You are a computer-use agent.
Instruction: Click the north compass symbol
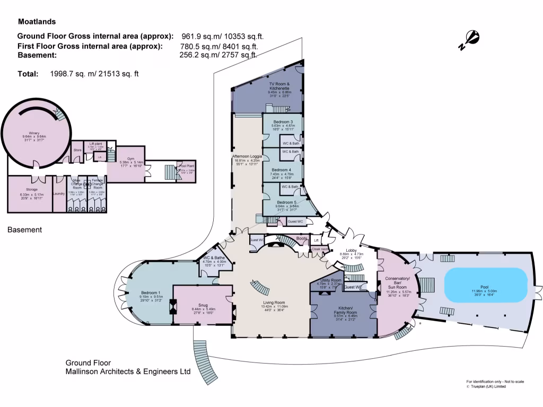point(470,40)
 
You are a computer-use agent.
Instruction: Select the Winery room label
point(34,134)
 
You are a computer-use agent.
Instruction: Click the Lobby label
point(351,250)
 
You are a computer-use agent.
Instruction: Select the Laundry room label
point(59,193)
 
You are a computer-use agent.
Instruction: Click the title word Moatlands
point(37,22)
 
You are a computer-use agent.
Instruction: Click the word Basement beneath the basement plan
point(24,230)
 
